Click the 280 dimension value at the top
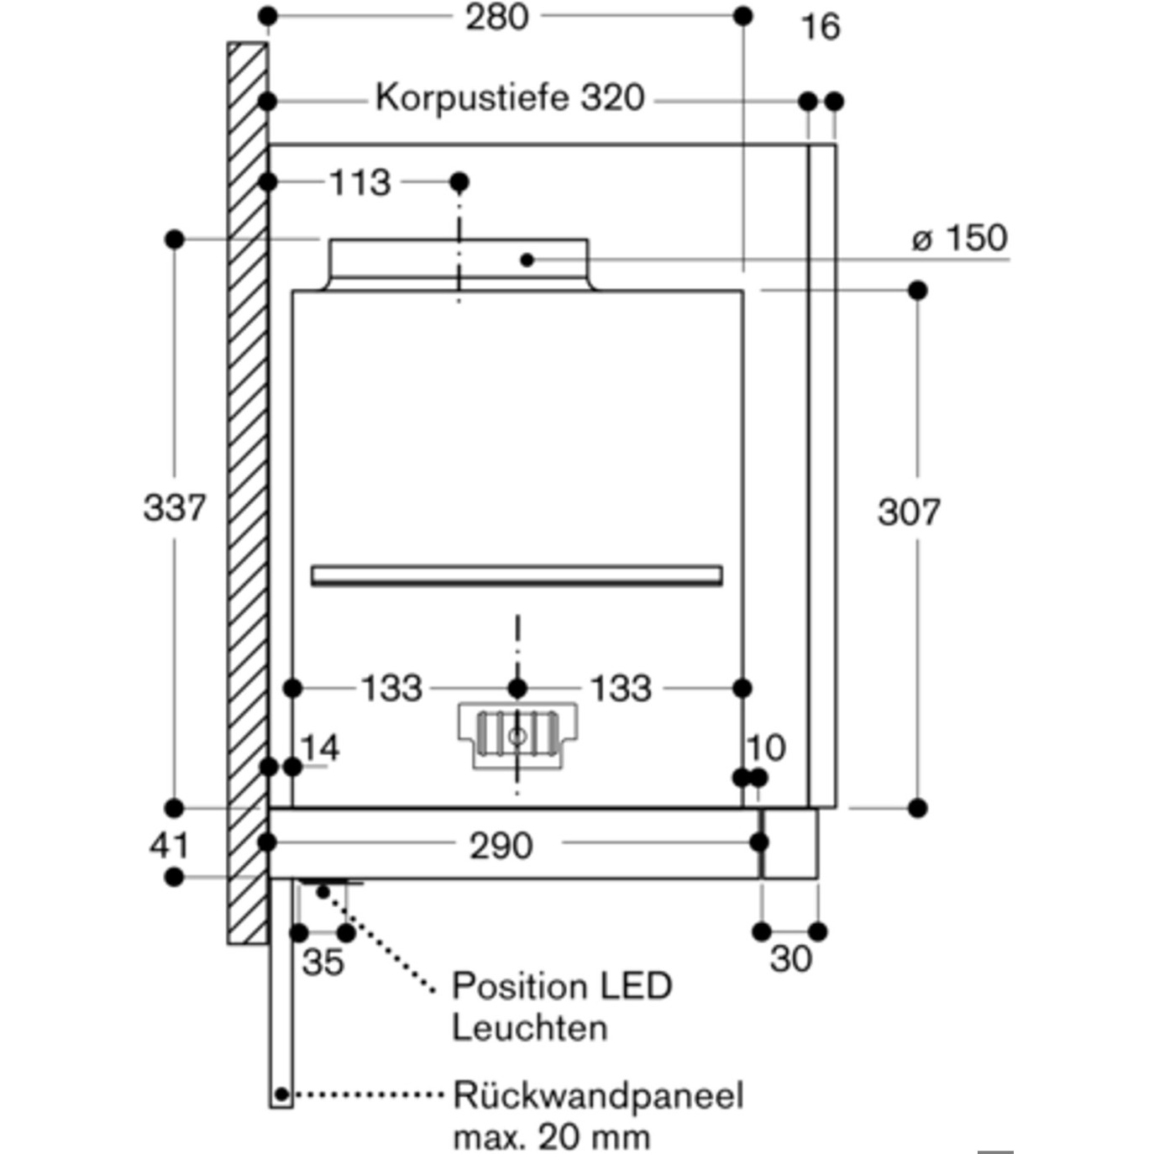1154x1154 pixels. tap(497, 18)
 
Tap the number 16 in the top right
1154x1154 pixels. tap(821, 27)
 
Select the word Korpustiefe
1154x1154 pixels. tap(472, 97)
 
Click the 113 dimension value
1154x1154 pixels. tap(360, 182)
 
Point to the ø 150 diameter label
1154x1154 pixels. tap(960, 238)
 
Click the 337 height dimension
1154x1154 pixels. tap(174, 507)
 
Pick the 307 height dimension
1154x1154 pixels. tap(909, 512)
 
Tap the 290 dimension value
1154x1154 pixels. tap(501, 847)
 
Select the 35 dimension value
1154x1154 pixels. tap(323, 963)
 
